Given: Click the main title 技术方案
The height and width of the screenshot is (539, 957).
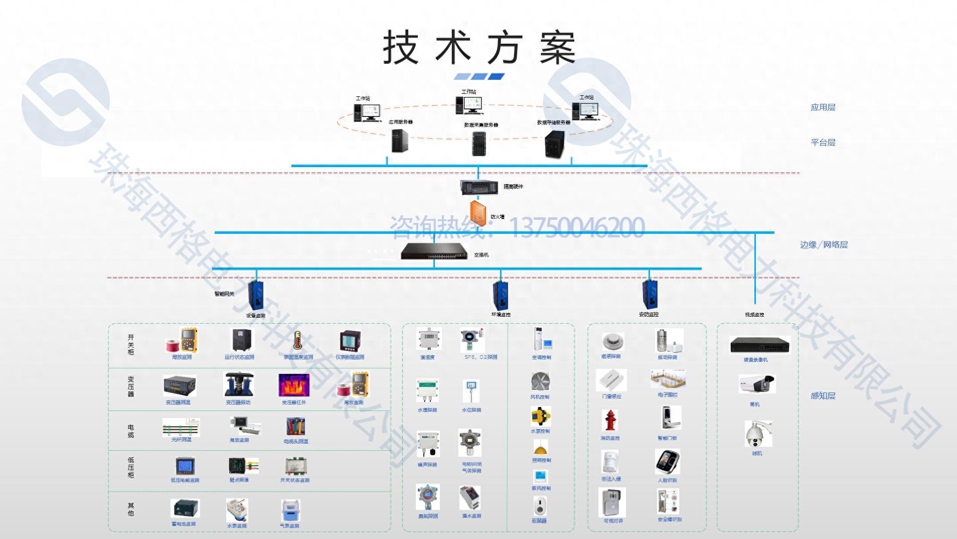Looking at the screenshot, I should tap(479, 48).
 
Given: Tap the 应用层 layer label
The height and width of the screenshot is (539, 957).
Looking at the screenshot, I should tap(823, 107).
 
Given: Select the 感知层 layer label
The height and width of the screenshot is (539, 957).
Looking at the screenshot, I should tap(823, 396).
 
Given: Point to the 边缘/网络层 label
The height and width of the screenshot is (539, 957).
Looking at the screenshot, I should tap(824, 245).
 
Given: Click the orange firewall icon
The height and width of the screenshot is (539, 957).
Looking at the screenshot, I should tap(477, 213).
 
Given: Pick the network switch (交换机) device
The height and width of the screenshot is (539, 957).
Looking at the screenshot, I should tap(434, 251).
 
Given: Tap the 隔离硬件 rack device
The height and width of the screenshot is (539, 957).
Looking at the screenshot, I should tap(479, 187).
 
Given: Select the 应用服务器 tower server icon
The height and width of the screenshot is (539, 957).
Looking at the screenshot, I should tap(399, 141).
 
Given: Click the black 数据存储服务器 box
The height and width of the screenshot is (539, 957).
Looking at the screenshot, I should tap(555, 144).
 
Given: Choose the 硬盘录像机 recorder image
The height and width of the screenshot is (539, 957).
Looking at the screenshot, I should tap(759, 345).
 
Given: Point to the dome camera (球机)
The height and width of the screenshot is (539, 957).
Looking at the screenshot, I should tap(757, 435).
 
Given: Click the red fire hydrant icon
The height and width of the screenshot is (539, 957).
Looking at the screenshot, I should tap(610, 421).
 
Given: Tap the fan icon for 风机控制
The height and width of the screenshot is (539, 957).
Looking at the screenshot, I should tap(540, 382).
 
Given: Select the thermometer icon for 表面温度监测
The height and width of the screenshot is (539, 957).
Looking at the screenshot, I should tap(297, 341).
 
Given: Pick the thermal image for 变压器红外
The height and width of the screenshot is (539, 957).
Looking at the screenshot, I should tap(293, 385).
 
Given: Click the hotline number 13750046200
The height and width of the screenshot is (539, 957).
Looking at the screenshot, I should tap(577, 227).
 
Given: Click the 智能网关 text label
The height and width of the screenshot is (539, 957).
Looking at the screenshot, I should tap(224, 294).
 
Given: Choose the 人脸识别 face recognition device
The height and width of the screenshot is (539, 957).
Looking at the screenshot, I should tap(667, 462).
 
